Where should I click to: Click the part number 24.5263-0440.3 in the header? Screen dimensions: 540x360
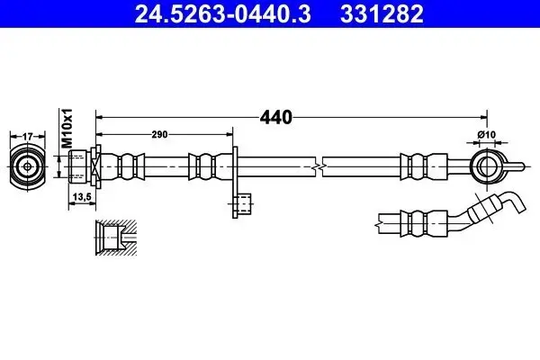(x=223, y=14)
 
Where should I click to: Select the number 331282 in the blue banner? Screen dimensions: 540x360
(x=382, y=14)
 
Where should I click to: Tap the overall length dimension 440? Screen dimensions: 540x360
(x=276, y=118)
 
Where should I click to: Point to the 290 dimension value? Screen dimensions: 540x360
(x=160, y=134)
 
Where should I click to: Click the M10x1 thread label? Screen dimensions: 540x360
(x=67, y=128)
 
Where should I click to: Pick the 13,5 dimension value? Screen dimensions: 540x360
(x=82, y=197)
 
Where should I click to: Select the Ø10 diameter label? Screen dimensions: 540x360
(x=487, y=135)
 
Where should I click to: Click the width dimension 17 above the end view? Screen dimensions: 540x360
(x=28, y=137)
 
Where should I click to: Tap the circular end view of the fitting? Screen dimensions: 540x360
(x=28, y=167)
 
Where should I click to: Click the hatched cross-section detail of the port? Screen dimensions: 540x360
(x=116, y=238)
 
